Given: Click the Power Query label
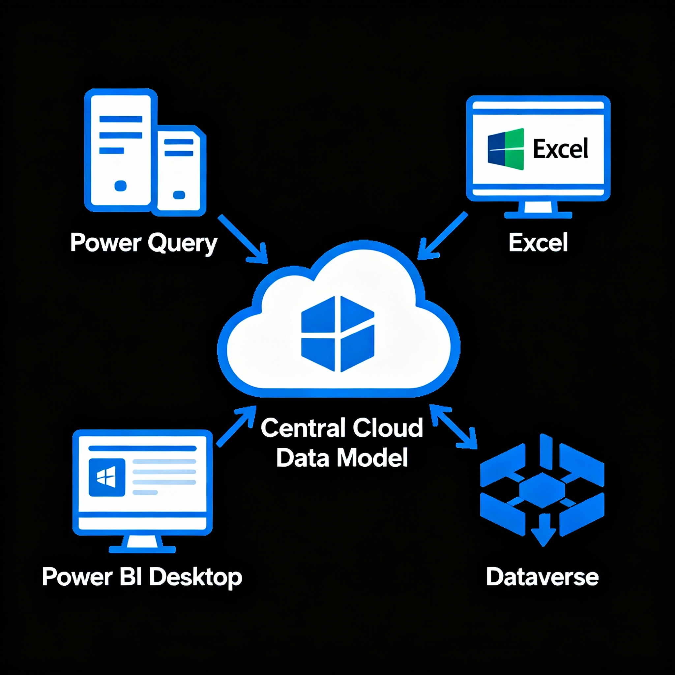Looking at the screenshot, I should [x=144, y=243].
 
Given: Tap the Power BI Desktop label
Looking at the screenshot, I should [x=142, y=577].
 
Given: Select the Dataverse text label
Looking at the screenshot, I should [x=542, y=577].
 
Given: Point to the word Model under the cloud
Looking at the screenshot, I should [x=372, y=458].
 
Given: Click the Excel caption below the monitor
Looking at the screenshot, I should [x=538, y=243].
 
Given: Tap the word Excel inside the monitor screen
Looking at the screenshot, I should [x=560, y=149].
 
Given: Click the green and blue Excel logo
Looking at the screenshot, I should [x=506, y=149].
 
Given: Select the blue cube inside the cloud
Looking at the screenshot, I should [x=337, y=334].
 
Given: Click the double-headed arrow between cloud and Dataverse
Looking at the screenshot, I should [x=453, y=426].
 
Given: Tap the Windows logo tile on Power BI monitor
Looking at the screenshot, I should [x=107, y=477].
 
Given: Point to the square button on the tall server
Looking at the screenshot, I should [x=121, y=186].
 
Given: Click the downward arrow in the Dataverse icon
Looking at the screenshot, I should [x=543, y=529].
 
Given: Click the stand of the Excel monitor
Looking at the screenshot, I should [x=538, y=210].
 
